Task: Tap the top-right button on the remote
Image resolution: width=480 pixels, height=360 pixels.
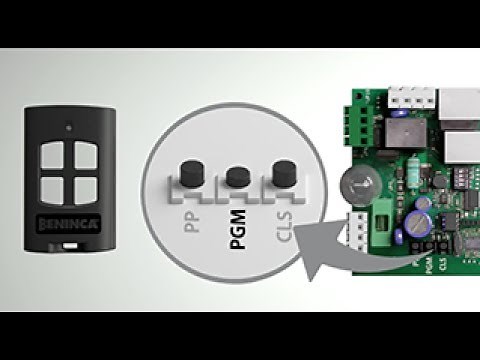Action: pyautogui.click(x=80, y=155)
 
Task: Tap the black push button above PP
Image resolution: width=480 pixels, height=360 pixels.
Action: pyautogui.click(x=186, y=170)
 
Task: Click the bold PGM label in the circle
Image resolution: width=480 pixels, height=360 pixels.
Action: pyautogui.click(x=237, y=215)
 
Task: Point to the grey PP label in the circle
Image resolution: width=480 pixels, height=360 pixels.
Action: pyautogui.click(x=190, y=219)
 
